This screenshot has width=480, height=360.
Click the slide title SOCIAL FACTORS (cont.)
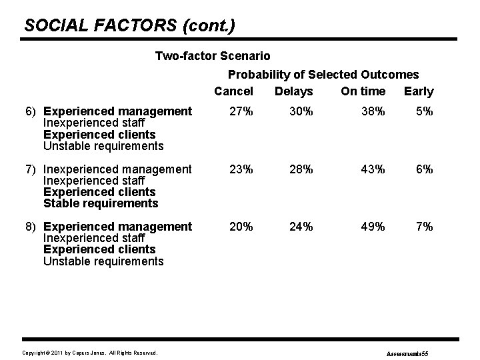(129, 26)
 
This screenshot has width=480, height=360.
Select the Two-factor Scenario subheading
(213, 56)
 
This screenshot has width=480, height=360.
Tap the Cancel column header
(233, 91)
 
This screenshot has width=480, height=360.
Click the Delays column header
(293, 91)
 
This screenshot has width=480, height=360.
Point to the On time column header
(363, 91)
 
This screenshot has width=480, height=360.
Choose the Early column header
(419, 91)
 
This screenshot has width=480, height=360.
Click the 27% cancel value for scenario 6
(241, 112)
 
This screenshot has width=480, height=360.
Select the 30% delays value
(301, 112)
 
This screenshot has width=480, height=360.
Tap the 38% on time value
(371, 112)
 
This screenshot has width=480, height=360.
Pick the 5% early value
(424, 112)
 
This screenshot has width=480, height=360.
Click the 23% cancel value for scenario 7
(241, 169)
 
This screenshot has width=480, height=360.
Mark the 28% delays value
(301, 169)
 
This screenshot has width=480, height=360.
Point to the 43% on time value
(371, 169)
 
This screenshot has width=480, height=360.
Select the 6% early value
(424, 169)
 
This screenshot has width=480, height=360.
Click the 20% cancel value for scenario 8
(241, 227)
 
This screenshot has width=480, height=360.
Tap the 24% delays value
(301, 227)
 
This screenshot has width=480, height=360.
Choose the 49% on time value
(371, 227)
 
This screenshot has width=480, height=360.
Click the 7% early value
(424, 227)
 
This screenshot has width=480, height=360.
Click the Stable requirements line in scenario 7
(101, 203)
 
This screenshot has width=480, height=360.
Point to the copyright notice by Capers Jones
(90, 351)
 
